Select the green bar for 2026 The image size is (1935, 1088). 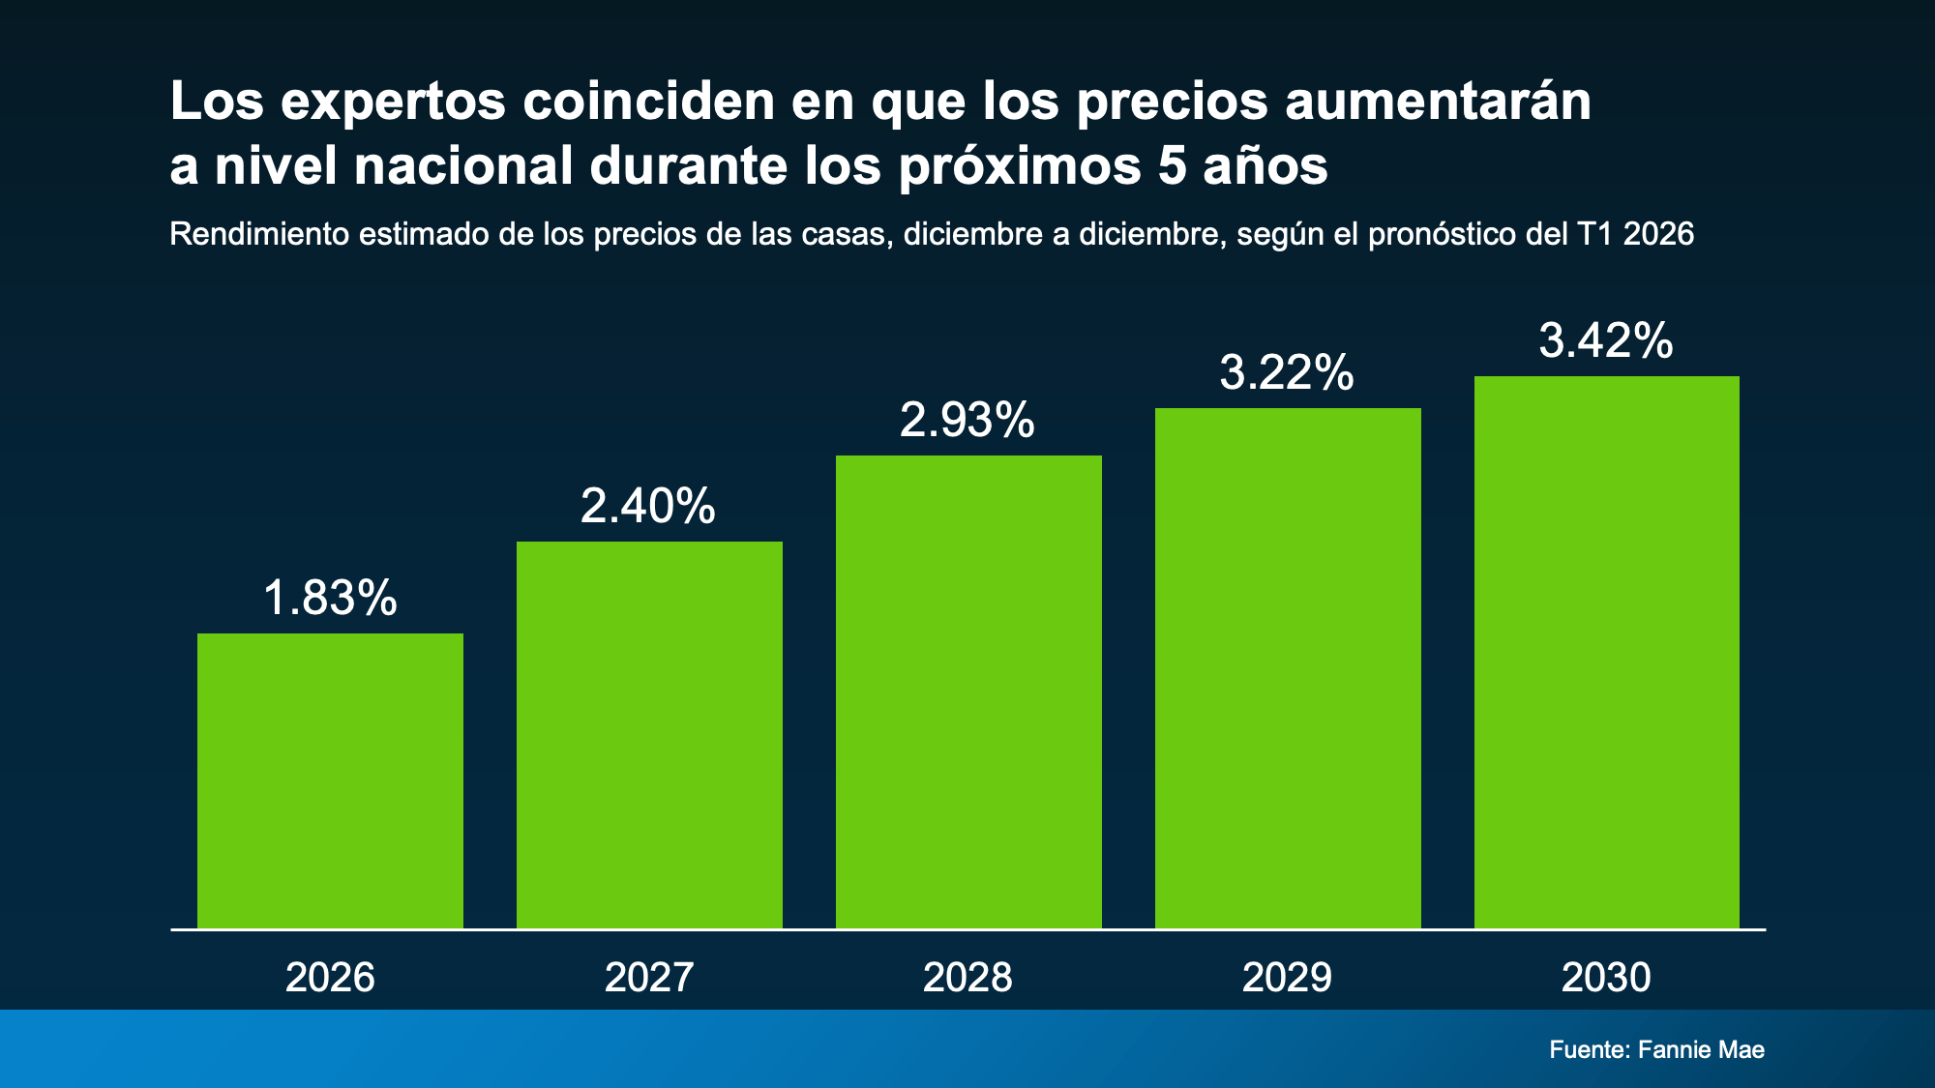click(x=330, y=780)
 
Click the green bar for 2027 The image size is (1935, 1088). click(x=649, y=735)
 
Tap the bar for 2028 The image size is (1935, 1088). click(x=968, y=691)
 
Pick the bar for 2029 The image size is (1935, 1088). click(x=1288, y=668)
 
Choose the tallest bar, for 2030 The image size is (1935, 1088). click(x=1606, y=652)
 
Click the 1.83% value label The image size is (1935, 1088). click(x=330, y=598)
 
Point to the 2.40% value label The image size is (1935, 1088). click(x=648, y=506)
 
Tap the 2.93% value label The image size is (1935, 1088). click(x=967, y=420)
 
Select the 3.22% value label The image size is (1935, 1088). click(x=1287, y=372)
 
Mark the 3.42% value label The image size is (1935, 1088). click(x=1606, y=340)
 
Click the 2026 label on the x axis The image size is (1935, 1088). click(x=330, y=978)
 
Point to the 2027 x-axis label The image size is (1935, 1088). click(x=649, y=978)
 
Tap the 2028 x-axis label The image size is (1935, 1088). click(x=967, y=978)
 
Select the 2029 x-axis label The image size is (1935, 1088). click(x=1287, y=978)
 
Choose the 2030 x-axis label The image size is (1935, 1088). click(x=1606, y=978)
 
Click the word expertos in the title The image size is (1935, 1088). click(x=393, y=103)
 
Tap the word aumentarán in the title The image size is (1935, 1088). click(x=1438, y=101)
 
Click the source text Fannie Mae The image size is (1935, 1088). click(x=1701, y=1049)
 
